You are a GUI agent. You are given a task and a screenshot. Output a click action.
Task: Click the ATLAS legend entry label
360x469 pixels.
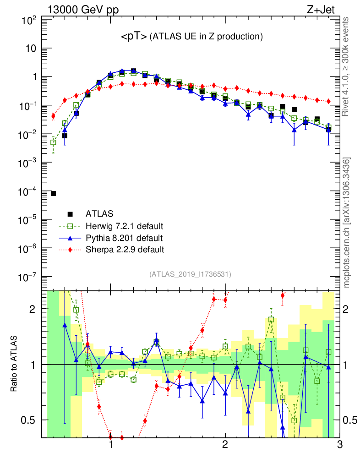click(99, 213)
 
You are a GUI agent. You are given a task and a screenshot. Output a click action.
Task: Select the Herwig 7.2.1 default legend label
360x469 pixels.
click(125, 226)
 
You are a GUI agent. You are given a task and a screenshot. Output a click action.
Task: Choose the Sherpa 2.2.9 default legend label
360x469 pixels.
click(125, 250)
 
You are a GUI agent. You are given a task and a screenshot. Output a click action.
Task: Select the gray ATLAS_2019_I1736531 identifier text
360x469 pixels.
click(190, 274)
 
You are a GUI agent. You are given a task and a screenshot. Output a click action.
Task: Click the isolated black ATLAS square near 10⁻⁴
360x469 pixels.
click(53, 194)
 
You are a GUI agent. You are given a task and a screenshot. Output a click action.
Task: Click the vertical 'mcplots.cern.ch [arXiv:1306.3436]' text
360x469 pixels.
click(348, 223)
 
